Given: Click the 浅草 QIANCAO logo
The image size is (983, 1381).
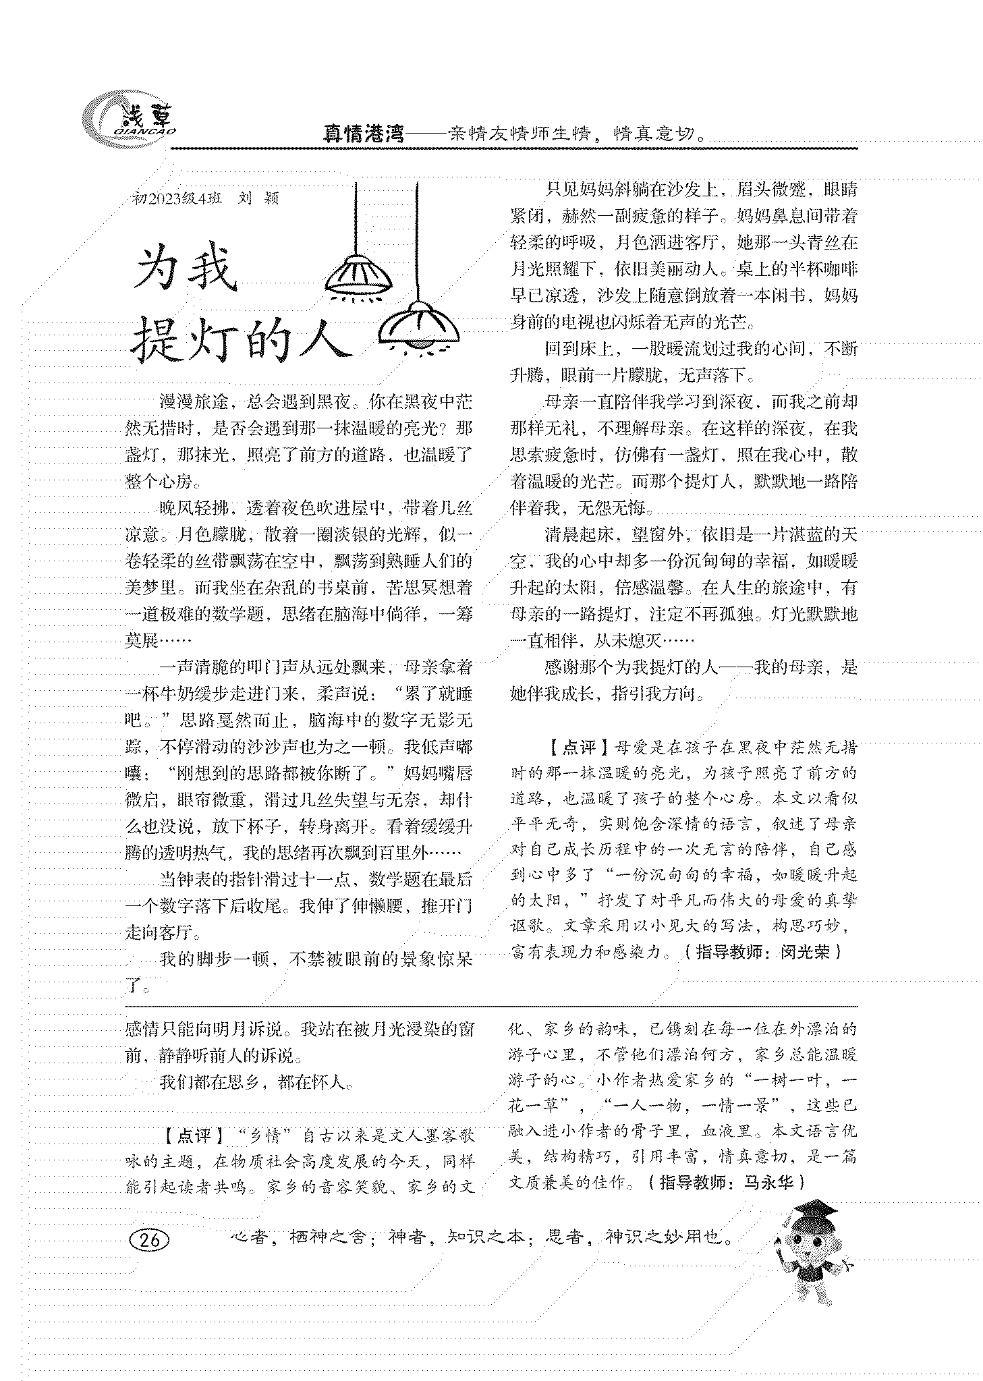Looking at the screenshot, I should pyautogui.click(x=129, y=120).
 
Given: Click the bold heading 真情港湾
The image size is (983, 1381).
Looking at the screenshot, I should pyautogui.click(x=363, y=134).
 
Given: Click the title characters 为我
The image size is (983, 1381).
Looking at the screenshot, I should pyautogui.click(x=187, y=271).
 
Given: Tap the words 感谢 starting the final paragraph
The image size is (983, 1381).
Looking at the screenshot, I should pyautogui.click(x=563, y=667).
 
